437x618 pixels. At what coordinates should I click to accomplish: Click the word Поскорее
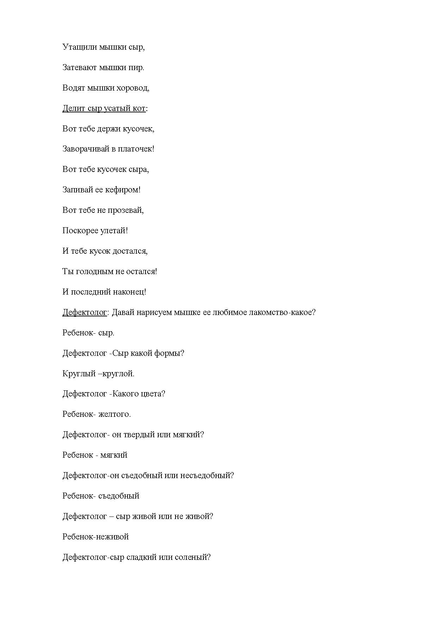click(x=78, y=231)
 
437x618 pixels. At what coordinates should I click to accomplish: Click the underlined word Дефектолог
click(x=85, y=313)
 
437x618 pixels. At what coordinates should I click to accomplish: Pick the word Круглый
click(x=78, y=374)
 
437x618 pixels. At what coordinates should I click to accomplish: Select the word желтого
click(x=114, y=414)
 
